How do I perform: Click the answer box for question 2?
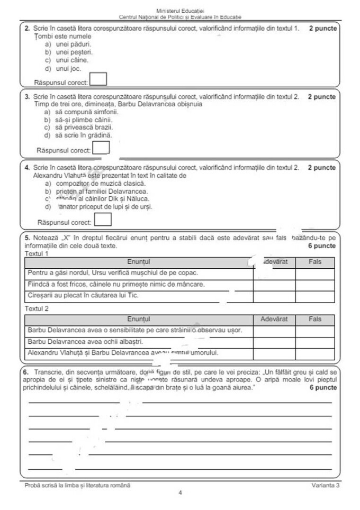[98, 79]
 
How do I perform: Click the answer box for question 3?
[101, 148]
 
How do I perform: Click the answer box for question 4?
[103, 220]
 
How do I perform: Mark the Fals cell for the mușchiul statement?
[314, 273]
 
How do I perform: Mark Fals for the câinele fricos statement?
[314, 285]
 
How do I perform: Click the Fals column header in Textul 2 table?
[314, 320]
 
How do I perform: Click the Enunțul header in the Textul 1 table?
[139, 262]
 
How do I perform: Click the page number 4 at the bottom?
[180, 493]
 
